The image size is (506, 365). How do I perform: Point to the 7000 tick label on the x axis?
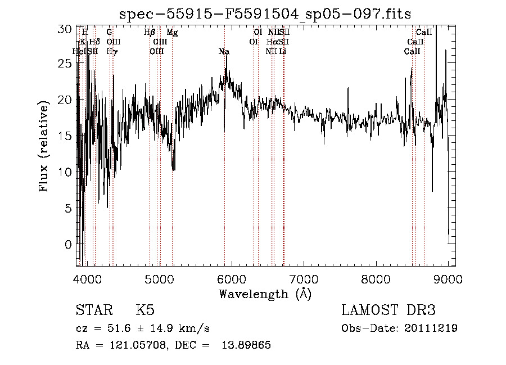(x=304, y=278)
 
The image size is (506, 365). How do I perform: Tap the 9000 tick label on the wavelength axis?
(x=448, y=278)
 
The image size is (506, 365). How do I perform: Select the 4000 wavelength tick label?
(x=87, y=278)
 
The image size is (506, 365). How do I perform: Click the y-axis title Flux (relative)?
(x=44, y=146)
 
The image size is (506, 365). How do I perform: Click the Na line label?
(x=224, y=52)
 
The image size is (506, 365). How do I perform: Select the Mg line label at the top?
(x=172, y=33)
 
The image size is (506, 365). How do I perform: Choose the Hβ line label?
(x=150, y=33)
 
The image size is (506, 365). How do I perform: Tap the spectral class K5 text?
(x=145, y=310)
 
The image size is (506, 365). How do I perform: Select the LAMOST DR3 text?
(x=388, y=310)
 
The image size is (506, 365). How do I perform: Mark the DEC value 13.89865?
(x=248, y=345)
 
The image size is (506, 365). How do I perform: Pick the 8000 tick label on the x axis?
(x=376, y=278)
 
